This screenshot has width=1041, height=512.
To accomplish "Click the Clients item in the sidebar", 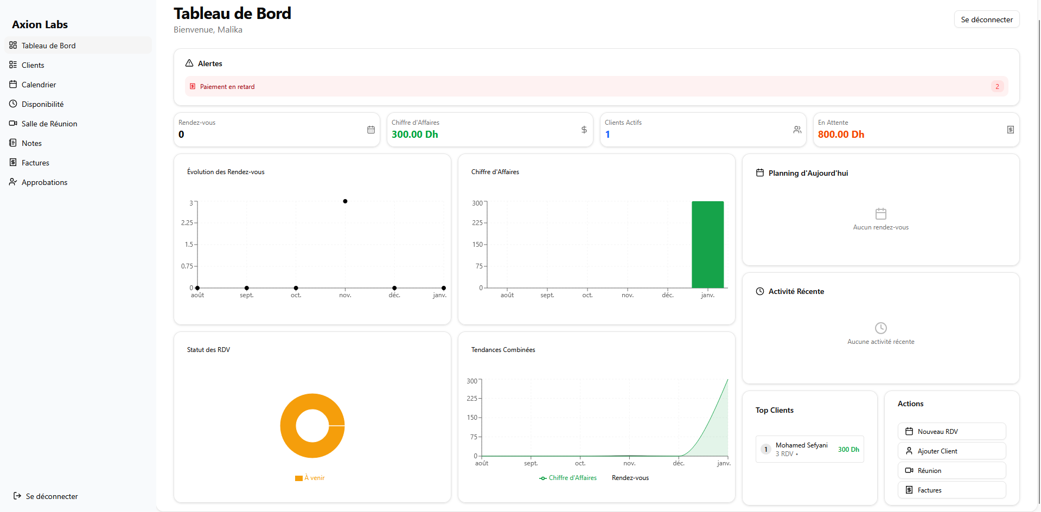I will [x=33, y=65].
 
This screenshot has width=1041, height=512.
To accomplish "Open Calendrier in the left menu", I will [x=39, y=85].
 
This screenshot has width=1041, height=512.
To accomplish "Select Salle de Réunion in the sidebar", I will [x=49, y=124].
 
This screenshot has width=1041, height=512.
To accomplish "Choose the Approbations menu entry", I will [x=44, y=182].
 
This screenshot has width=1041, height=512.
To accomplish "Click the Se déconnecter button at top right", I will [x=986, y=20].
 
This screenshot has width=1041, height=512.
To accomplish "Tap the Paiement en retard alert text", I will [x=227, y=87].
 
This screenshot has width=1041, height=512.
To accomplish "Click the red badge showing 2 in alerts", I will [x=997, y=87].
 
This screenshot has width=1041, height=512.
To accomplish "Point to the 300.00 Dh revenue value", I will [x=414, y=135].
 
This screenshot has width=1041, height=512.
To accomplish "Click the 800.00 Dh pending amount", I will [x=841, y=135].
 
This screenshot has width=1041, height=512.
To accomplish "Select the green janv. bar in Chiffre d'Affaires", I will [x=707, y=244].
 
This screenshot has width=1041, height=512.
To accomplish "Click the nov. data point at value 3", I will [x=345, y=201].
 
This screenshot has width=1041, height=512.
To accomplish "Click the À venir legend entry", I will [x=314, y=478].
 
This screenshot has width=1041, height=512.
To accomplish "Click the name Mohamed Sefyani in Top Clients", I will [x=801, y=445].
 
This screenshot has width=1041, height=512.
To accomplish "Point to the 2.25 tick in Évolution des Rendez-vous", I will [x=187, y=223].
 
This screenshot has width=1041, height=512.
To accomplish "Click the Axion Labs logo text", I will [x=40, y=24].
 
